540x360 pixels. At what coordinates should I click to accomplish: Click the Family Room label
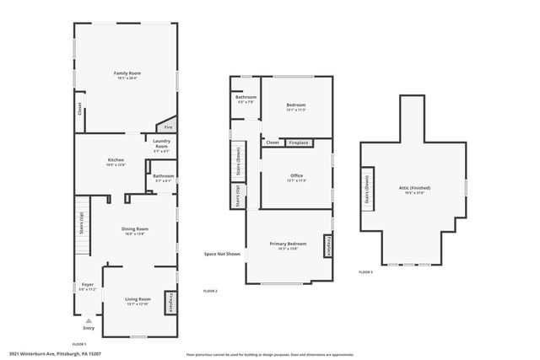[x=127, y=74]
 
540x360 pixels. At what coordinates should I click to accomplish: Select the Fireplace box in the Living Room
[x=171, y=301]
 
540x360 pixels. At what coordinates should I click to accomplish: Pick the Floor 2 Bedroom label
[x=296, y=106]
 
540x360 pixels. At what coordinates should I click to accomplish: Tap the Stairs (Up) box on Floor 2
[x=237, y=196]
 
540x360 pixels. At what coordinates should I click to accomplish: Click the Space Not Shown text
[x=222, y=254]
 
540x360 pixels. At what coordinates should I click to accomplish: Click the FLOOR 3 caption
[x=365, y=272]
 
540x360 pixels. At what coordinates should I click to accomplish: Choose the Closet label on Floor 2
[x=273, y=142]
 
